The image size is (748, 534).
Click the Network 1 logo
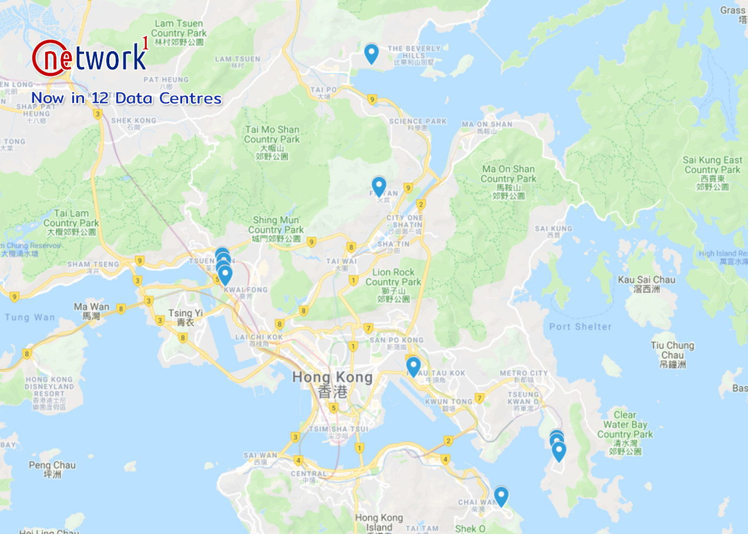[x=90, y=57]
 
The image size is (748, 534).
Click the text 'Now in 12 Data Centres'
[x=126, y=98]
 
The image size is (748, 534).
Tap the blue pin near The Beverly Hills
[x=371, y=53]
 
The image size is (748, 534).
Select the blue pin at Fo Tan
[x=379, y=186]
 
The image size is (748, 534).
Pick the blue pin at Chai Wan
[x=501, y=496]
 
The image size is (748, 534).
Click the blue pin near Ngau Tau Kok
[x=413, y=366]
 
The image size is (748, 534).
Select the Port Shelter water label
[x=580, y=326]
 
